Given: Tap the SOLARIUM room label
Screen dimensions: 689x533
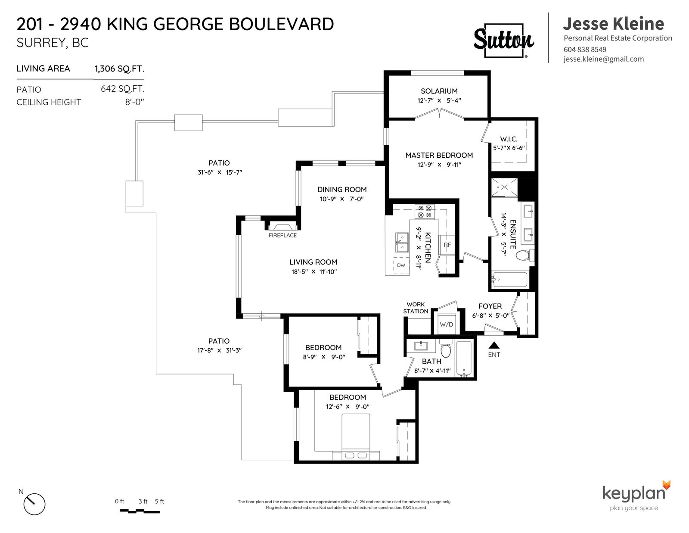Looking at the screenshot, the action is click(439, 91).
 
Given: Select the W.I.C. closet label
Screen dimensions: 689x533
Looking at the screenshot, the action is click(509, 139).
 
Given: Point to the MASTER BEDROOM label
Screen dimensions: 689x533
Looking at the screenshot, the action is click(439, 155).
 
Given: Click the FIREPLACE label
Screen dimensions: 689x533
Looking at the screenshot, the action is click(282, 235).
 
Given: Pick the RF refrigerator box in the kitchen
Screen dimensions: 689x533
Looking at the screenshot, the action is click(447, 245).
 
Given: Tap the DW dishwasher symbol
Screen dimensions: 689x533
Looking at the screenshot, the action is click(401, 265).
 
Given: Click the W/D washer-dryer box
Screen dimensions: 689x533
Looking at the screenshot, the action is click(447, 324).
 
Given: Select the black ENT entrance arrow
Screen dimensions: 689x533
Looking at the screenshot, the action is click(494, 345).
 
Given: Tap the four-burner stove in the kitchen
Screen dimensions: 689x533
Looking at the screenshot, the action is click(425, 212).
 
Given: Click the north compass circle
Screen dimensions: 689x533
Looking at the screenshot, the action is click(34, 504).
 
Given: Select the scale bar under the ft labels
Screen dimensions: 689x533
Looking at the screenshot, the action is click(140, 511).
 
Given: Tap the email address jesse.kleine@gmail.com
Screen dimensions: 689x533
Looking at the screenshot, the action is click(604, 59).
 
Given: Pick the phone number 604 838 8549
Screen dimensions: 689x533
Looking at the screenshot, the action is click(585, 50).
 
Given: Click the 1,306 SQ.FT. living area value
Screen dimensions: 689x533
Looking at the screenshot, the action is click(119, 69).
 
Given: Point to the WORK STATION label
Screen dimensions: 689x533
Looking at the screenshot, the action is click(416, 308).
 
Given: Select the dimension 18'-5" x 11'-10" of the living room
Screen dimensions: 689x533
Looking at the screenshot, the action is click(314, 271).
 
